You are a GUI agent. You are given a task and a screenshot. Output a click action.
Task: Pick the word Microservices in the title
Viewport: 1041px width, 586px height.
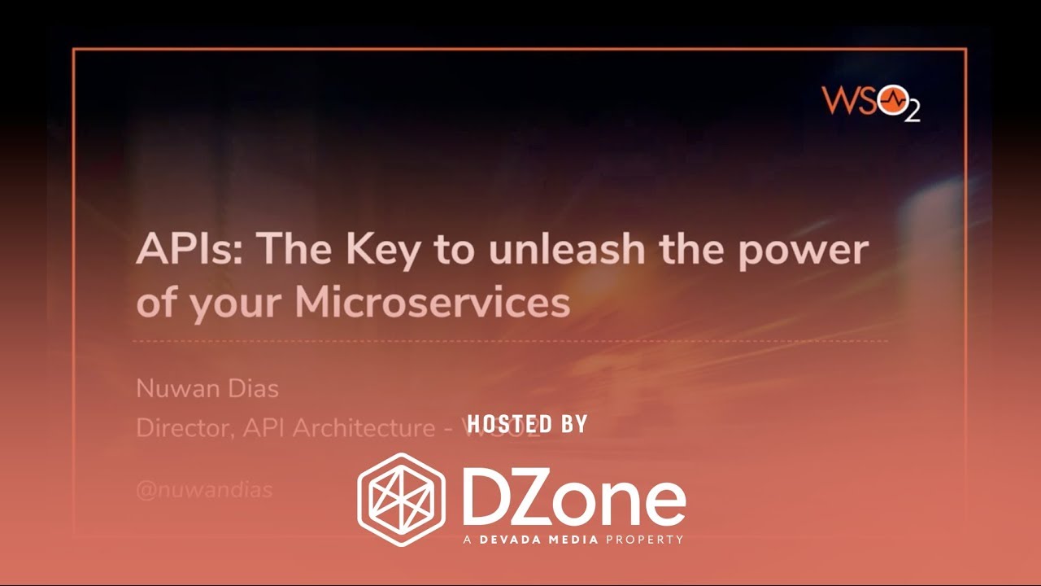(x=432, y=302)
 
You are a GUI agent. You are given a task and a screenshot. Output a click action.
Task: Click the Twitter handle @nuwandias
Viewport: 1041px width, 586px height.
(x=204, y=491)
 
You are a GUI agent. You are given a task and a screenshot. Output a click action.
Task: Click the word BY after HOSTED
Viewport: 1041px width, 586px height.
(x=572, y=423)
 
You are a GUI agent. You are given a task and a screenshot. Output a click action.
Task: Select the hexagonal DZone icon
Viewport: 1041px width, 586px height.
(x=402, y=499)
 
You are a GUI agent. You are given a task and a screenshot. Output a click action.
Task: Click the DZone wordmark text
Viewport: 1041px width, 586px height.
(x=573, y=499)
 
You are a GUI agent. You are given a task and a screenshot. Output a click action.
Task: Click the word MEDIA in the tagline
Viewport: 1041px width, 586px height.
(x=576, y=540)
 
